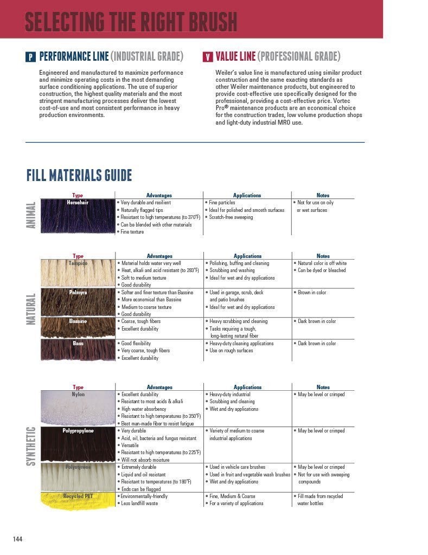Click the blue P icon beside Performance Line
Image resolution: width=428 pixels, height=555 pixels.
(31, 56)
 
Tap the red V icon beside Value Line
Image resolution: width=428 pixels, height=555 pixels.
(208, 56)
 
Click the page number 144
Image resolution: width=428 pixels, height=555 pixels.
(18, 538)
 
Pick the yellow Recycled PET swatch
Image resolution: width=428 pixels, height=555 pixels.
(78, 501)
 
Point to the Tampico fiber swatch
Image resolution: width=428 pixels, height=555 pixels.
(78, 274)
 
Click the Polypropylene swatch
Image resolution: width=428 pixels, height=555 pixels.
(78, 445)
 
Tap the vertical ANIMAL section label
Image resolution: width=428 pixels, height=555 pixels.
(31, 215)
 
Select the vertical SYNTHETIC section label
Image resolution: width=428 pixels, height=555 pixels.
(31, 446)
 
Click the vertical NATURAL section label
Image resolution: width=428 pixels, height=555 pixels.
(31, 309)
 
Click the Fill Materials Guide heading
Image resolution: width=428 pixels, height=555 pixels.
(79, 176)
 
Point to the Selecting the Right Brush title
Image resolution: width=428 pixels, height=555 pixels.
(131, 22)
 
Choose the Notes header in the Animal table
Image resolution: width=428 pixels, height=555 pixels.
(323, 195)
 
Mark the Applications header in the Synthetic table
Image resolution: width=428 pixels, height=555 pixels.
(247, 387)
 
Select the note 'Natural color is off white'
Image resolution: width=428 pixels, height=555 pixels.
(322, 263)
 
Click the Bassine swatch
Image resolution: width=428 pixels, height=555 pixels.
(78, 328)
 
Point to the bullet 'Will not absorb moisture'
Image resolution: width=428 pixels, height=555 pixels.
(145, 460)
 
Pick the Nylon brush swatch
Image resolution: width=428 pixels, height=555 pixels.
(78, 409)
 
